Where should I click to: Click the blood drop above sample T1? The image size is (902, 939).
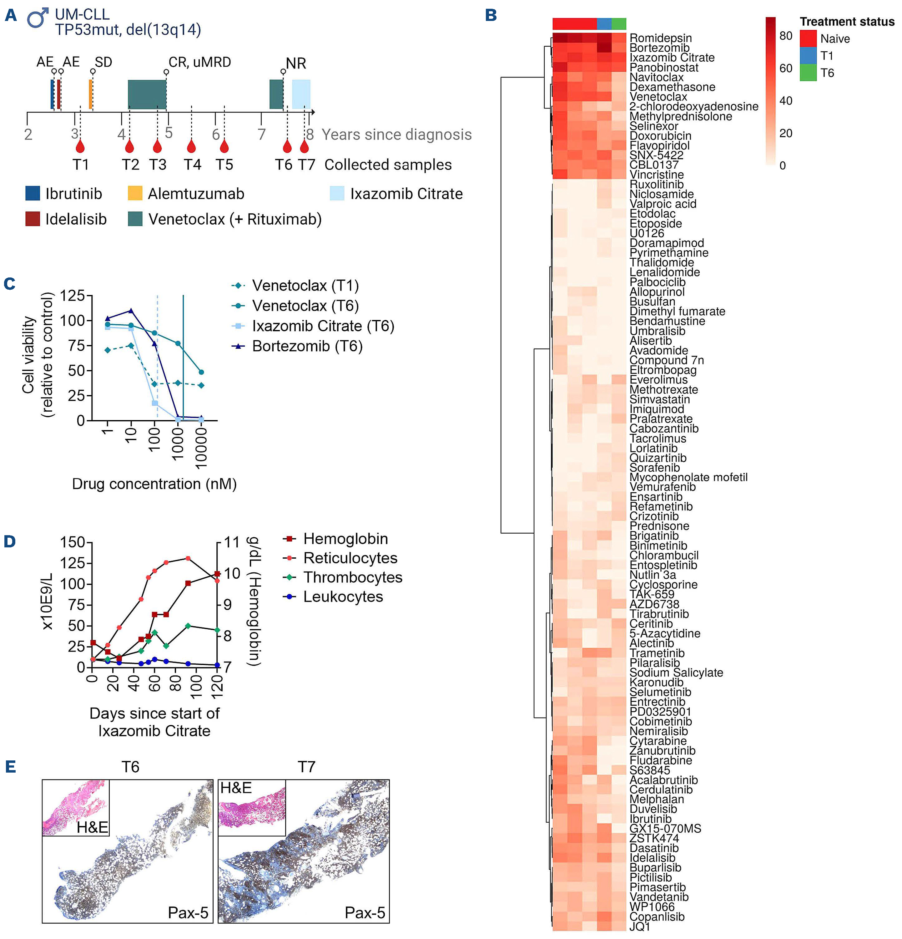click(x=80, y=146)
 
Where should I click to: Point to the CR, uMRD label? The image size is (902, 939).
click(x=200, y=62)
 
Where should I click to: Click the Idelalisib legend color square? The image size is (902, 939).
click(x=33, y=219)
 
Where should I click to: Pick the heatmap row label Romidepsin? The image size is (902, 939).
click(x=660, y=38)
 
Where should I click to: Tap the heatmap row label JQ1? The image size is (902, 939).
click(x=640, y=926)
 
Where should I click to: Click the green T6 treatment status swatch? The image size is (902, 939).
click(x=808, y=73)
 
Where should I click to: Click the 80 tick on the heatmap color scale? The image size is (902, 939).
click(x=786, y=36)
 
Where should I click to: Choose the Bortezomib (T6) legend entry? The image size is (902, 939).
click(x=307, y=346)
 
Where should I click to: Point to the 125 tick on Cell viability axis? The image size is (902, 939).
click(x=72, y=296)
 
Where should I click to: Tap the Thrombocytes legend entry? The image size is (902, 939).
click(x=352, y=577)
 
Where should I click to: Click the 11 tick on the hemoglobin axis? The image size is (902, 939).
click(x=232, y=542)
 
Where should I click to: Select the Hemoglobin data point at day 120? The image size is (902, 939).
click(x=217, y=573)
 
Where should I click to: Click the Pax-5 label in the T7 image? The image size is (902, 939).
click(x=365, y=913)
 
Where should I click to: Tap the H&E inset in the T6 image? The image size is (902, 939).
click(x=76, y=808)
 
